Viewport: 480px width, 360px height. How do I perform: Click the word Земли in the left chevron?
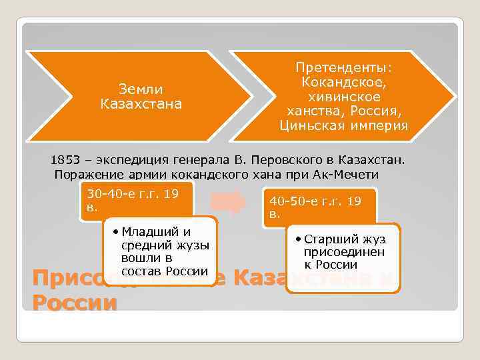pos(141,89)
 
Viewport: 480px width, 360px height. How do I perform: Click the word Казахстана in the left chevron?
pos(141,104)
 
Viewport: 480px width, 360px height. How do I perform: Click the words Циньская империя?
pos(343,125)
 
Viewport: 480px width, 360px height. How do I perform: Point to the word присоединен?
pos(345,252)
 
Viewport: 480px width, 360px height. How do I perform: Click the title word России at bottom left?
pos(74,303)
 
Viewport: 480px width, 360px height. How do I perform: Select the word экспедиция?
pos(130,161)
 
